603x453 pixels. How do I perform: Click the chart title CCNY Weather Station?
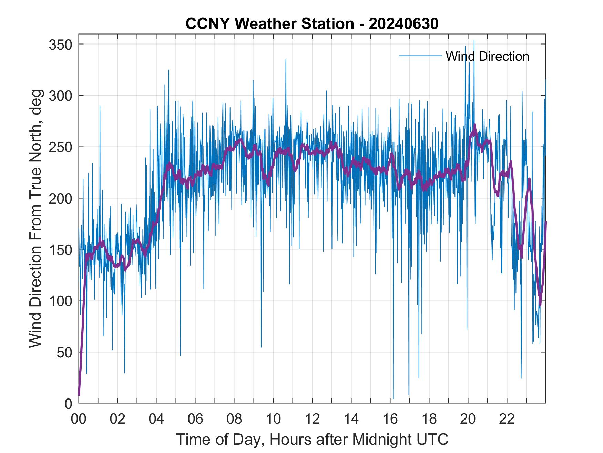coord(312,24)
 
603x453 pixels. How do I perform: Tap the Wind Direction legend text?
coord(487,56)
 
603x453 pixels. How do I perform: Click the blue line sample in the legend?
coord(420,56)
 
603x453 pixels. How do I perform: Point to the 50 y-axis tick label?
coord(64,352)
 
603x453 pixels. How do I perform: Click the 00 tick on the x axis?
coord(79,420)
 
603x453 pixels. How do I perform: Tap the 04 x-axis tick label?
coord(156,420)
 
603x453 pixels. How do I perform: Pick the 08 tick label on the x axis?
coord(234,420)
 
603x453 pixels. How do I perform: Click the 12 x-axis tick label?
coord(312,420)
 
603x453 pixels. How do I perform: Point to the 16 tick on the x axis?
coord(390,420)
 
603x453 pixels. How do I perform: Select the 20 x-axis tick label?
coord(468,420)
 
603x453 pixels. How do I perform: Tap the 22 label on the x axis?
coord(507,420)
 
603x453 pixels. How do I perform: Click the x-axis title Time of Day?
coord(312,439)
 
